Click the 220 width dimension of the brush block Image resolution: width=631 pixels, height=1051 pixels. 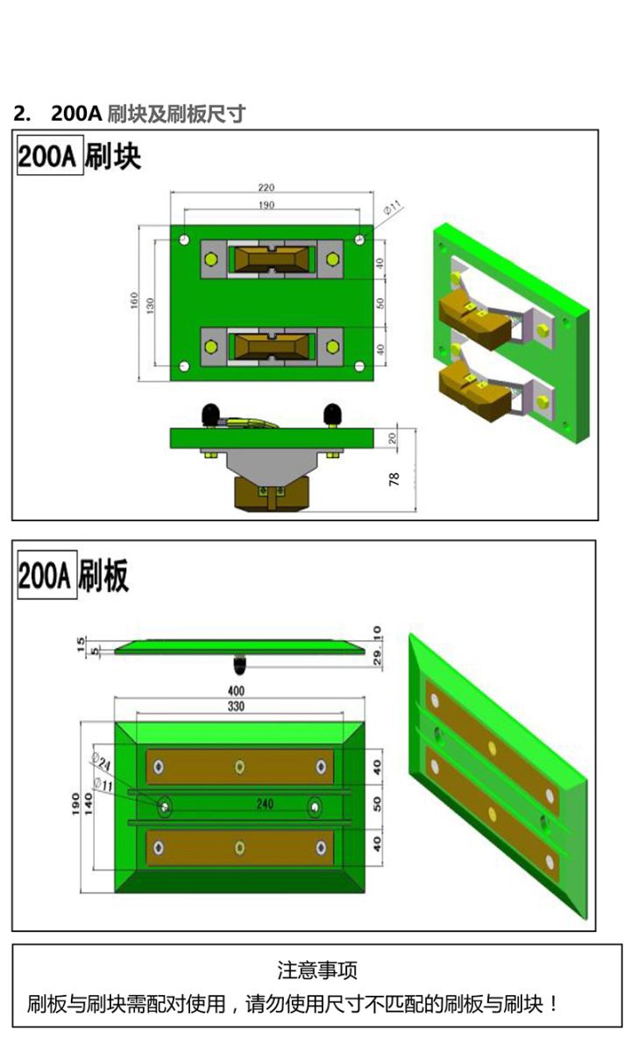[266, 187]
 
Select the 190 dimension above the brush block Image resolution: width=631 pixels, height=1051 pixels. [266, 205]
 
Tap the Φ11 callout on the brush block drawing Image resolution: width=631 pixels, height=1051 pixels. [393, 207]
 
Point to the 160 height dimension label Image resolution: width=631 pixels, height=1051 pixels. [134, 300]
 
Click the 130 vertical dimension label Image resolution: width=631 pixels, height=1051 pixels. [150, 306]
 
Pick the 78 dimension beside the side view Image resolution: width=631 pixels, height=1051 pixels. [393, 479]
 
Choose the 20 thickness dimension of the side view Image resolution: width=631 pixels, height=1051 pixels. [393, 438]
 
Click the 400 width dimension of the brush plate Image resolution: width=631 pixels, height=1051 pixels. [236, 691]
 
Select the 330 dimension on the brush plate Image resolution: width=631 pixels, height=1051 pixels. [236, 706]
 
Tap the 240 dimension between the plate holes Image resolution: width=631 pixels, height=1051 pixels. [265, 804]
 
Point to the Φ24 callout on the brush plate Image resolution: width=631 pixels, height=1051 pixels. [101, 763]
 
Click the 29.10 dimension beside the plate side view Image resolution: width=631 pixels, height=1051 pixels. [377, 645]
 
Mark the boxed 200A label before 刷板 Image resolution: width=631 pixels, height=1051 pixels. [47, 575]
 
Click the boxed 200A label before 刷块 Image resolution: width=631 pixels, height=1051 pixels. [50, 155]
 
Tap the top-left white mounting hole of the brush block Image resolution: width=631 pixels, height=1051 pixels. [185, 240]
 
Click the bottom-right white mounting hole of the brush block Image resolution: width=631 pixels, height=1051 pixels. [359, 366]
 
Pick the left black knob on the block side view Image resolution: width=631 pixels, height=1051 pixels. [210, 413]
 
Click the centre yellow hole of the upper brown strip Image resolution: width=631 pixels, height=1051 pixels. [239, 766]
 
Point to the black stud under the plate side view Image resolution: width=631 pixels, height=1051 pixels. [240, 665]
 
